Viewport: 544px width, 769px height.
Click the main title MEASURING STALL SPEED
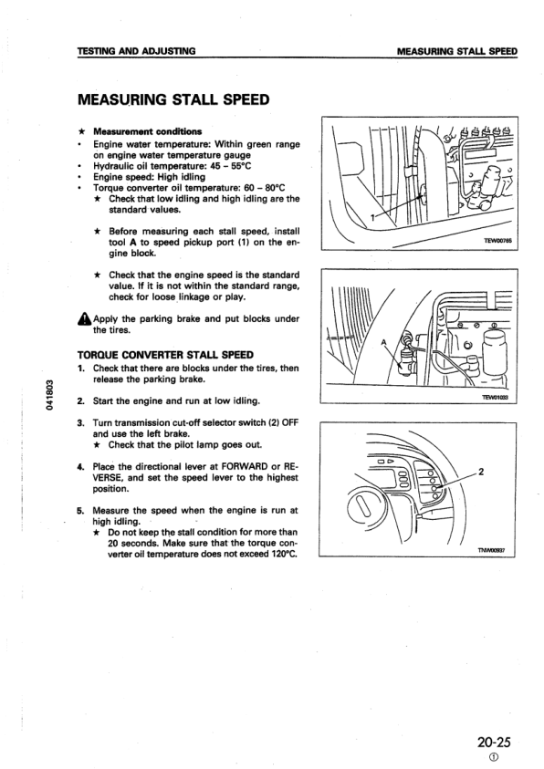pyautogui.click(x=173, y=99)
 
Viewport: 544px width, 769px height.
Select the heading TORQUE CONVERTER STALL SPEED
pyautogui.click(x=165, y=355)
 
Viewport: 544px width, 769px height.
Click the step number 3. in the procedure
pyautogui.click(x=81, y=423)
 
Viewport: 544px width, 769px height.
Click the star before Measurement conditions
pyautogui.click(x=81, y=131)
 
